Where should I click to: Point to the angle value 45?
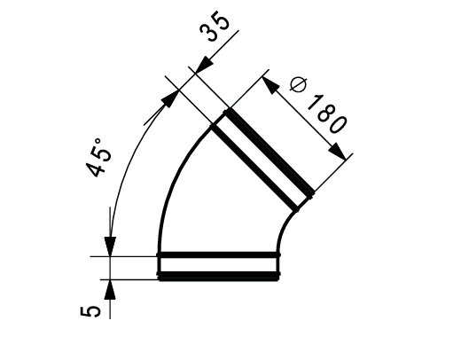pos(101,162)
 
